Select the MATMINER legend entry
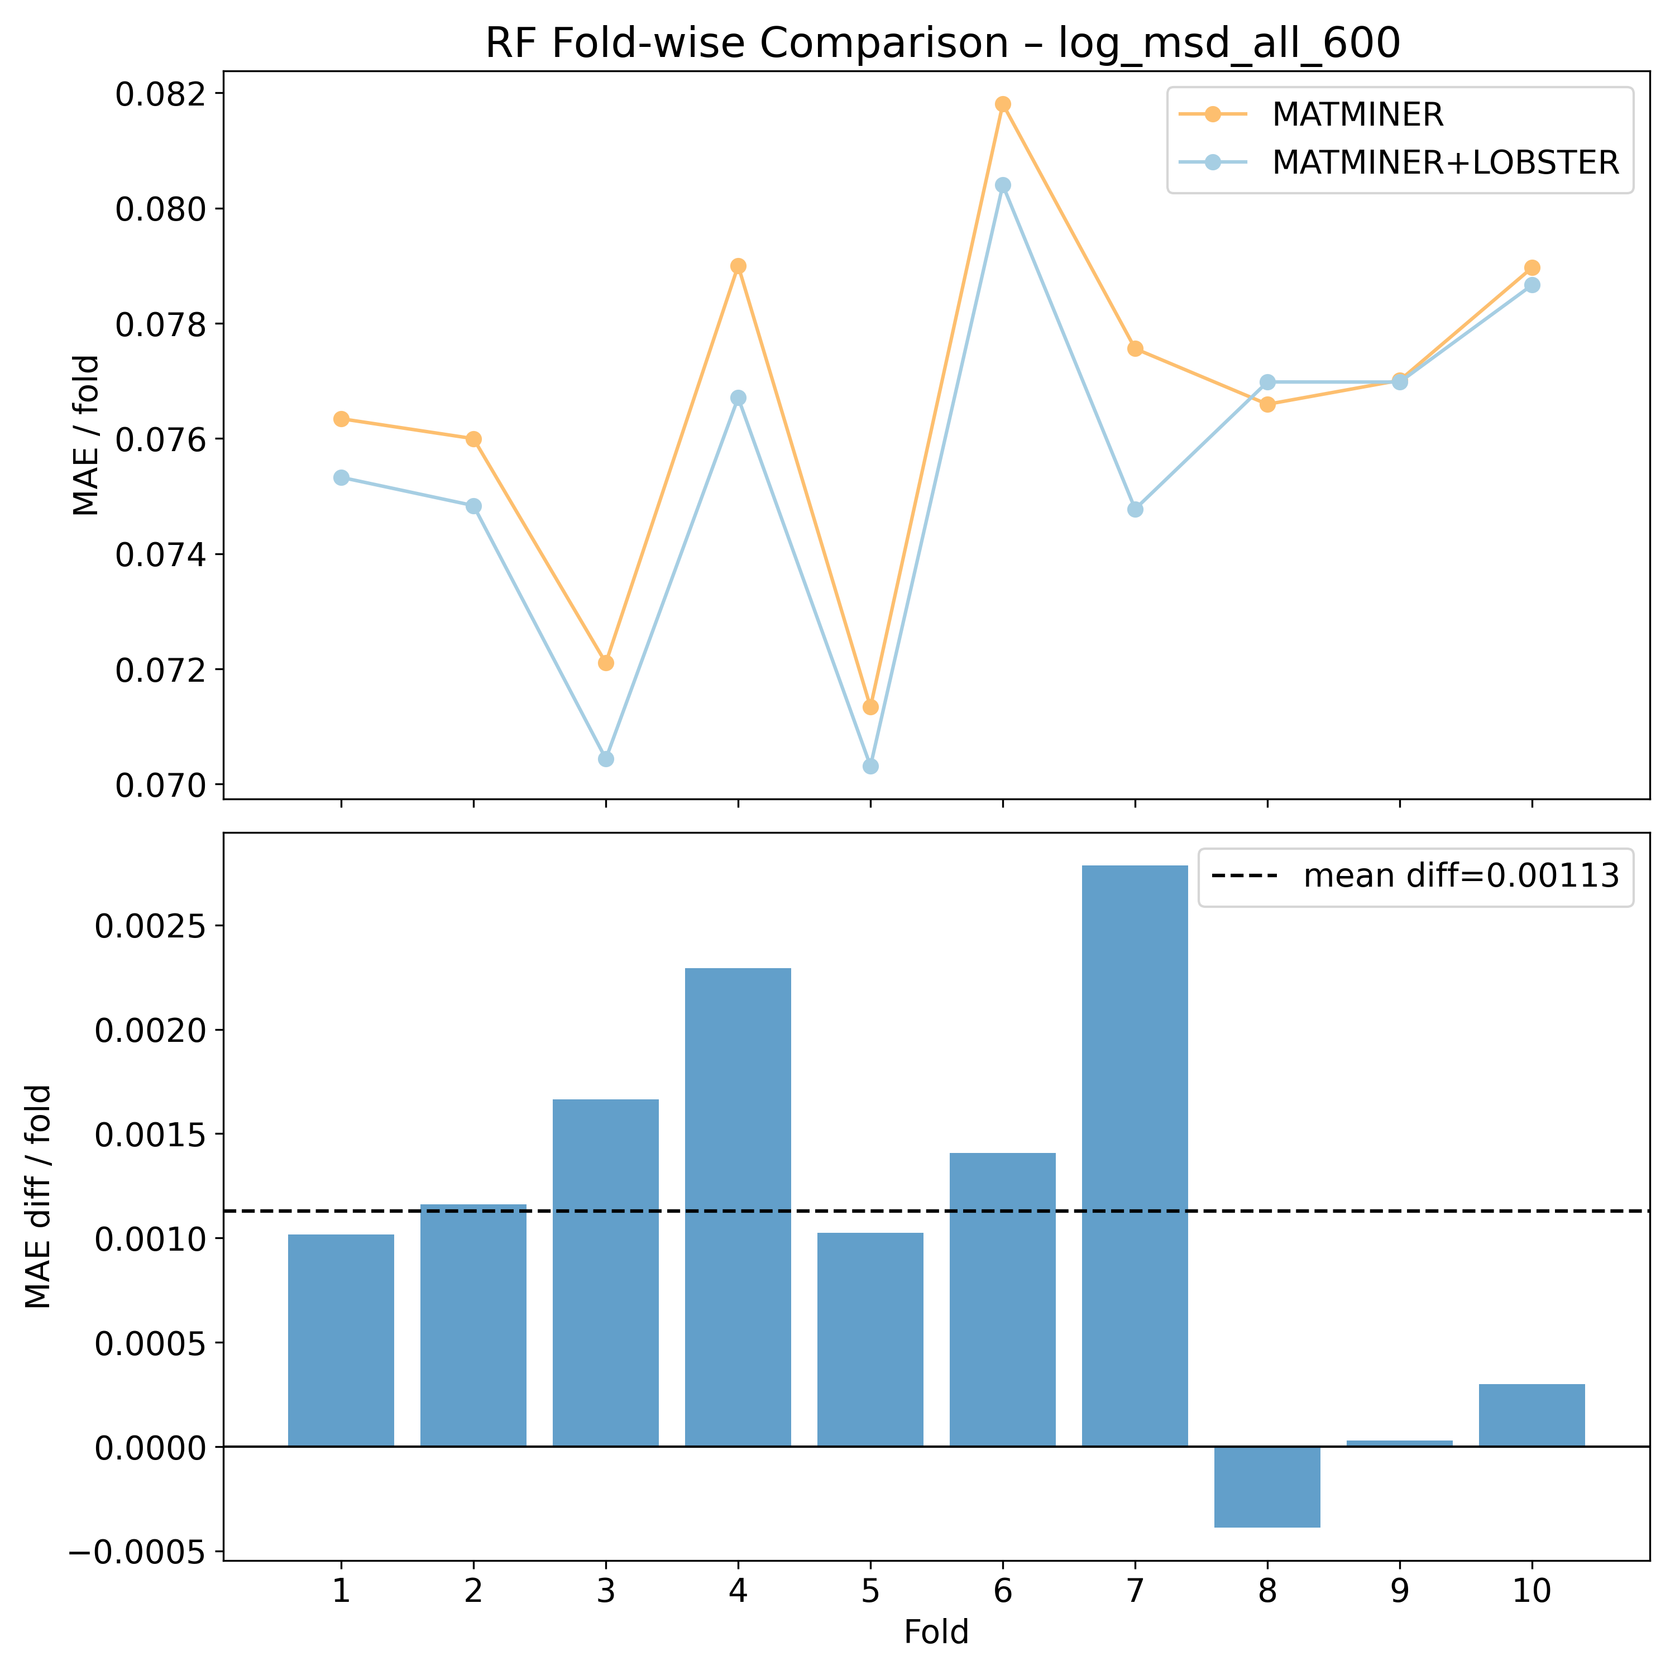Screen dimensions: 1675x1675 click(x=1357, y=114)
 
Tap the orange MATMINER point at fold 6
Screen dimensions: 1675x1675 click(x=1003, y=104)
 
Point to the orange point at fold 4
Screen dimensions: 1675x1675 click(x=738, y=266)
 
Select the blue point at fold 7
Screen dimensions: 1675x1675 click(x=1135, y=510)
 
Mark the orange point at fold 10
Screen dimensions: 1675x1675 click(x=1532, y=268)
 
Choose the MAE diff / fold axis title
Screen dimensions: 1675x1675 click(x=38, y=1197)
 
